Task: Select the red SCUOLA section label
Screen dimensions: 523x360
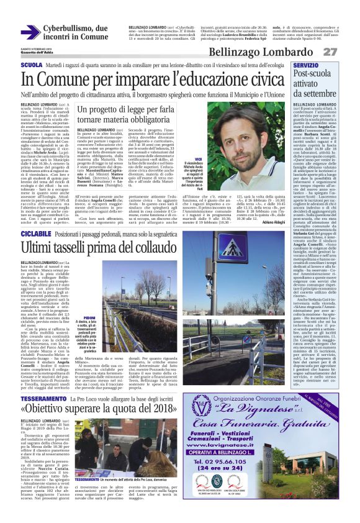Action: (31, 65)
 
